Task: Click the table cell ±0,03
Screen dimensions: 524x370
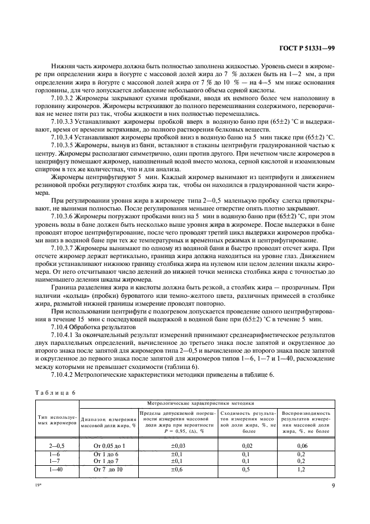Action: pyautogui.click(x=177, y=446)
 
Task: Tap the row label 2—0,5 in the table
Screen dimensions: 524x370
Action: pyautogui.click(x=58, y=446)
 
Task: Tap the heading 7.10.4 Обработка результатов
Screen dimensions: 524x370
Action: pyautogui.click(x=87, y=325)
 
